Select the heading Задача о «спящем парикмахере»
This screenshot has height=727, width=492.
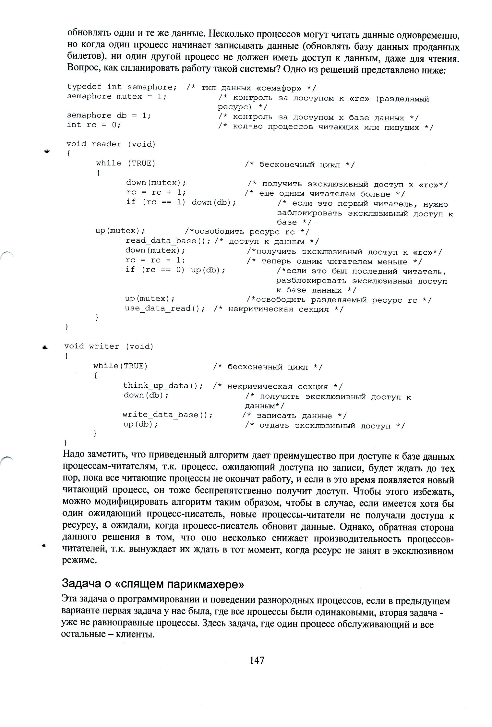152,584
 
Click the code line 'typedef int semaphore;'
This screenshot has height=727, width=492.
122,87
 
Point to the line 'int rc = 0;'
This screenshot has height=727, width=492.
94,125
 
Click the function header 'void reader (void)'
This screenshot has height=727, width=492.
111,144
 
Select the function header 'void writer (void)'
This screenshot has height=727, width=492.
109,346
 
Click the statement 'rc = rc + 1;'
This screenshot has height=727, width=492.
156,192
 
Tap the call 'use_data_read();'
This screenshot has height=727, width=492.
165,308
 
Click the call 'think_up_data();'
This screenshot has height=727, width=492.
163,385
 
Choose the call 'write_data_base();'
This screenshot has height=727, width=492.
167,415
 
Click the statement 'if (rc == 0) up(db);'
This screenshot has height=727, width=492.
175,270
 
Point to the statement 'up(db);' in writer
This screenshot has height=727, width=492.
140,424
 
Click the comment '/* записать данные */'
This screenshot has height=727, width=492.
294,416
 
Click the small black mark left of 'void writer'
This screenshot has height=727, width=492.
45,347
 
